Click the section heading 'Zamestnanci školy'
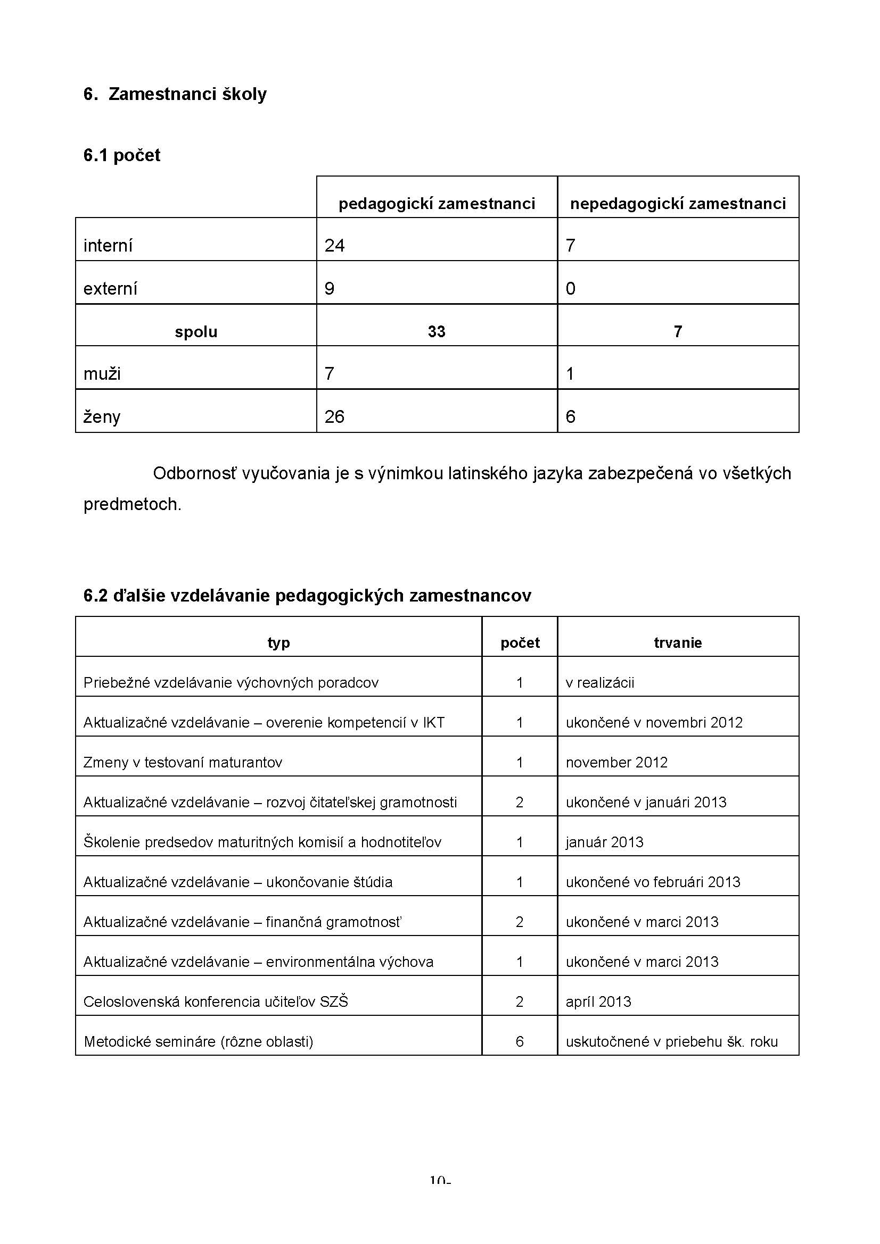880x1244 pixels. (187, 94)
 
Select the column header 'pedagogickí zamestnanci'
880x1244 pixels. (437, 204)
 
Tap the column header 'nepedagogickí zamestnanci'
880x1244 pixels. (678, 204)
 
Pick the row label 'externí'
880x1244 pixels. (110, 289)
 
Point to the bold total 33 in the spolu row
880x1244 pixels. (437, 331)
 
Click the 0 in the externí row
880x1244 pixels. (570, 289)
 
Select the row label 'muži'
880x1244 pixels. (102, 374)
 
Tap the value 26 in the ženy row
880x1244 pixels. (334, 416)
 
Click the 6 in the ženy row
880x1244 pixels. (570, 416)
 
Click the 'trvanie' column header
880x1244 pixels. (678, 643)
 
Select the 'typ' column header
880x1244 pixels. (279, 643)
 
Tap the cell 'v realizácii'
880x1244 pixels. (599, 683)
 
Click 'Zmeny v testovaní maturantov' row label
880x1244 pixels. (183, 763)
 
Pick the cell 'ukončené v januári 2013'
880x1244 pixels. (646, 803)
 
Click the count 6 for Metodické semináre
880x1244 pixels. (520, 1042)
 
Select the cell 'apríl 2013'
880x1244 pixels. (598, 1002)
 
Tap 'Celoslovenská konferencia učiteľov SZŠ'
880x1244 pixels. (216, 1002)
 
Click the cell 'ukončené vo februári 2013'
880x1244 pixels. (653, 882)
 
